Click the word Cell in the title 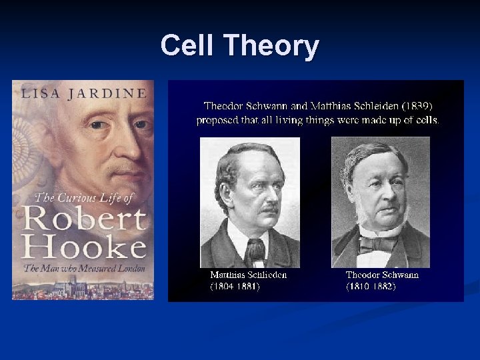(x=189, y=46)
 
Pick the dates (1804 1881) (x=235, y=286)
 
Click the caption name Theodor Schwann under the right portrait (x=383, y=275)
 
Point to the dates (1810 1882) (x=371, y=286)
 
